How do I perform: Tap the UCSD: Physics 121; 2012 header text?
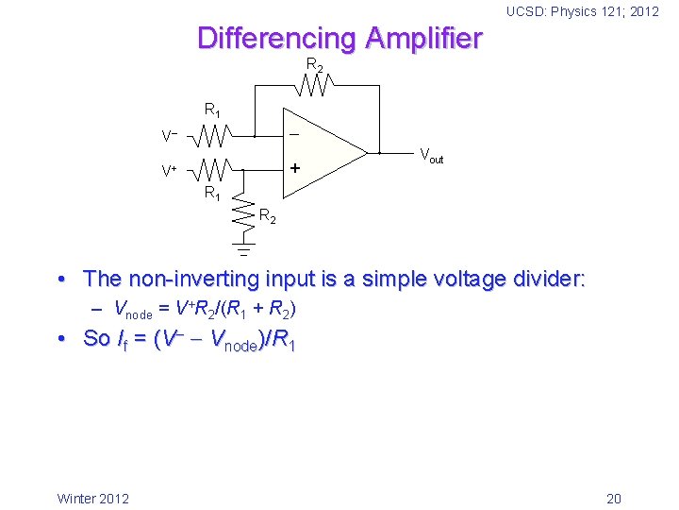(x=582, y=11)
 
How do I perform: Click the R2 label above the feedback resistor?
(x=314, y=65)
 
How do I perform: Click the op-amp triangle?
(x=325, y=152)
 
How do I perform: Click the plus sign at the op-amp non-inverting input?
(x=294, y=169)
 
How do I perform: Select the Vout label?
(x=431, y=155)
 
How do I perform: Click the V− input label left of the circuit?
(x=169, y=137)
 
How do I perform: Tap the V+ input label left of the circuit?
(x=169, y=172)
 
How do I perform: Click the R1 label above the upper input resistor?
(x=213, y=110)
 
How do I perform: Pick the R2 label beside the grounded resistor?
(x=268, y=218)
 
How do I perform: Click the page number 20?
(x=613, y=499)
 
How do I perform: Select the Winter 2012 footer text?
(x=93, y=499)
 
